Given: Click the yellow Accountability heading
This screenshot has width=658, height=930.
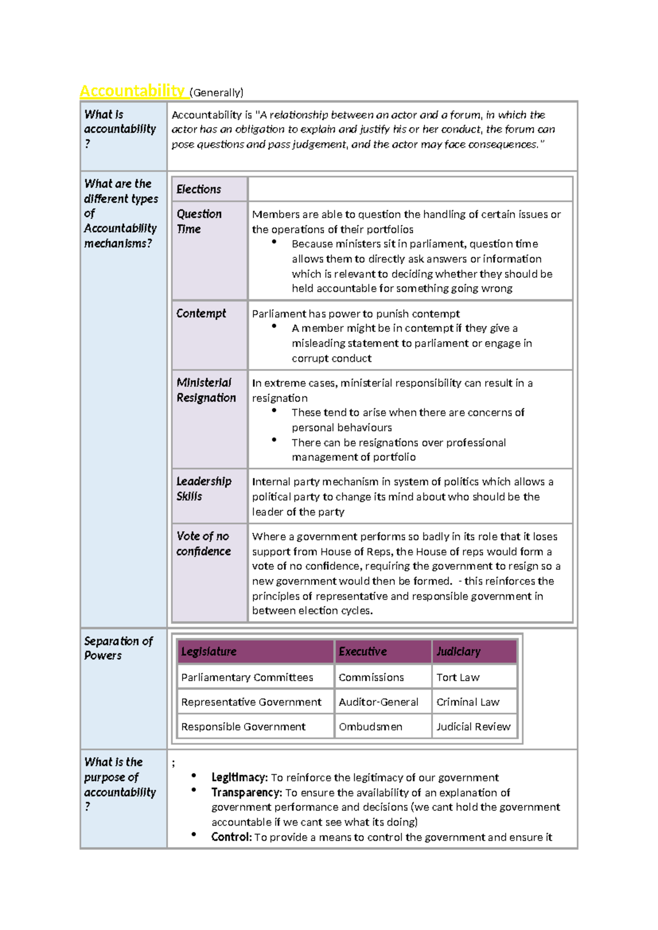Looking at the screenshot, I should [132, 90].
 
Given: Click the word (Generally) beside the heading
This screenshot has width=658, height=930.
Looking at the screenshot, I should [217, 93].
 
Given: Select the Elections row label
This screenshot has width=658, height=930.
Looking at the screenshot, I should [198, 189].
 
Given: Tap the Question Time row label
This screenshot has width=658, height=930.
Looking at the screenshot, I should [199, 222].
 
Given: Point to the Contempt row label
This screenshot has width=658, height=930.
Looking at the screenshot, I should [201, 313].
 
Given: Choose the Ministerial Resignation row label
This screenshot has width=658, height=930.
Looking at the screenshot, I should [206, 390].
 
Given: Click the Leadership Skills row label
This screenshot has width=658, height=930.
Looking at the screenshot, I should [203, 489].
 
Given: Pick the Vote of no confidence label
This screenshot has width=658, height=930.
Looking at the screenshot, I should [203, 543].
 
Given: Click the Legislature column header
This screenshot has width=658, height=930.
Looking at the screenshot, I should [209, 651].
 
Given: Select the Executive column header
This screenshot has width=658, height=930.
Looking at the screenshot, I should [362, 651].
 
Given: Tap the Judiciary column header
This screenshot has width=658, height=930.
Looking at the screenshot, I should [458, 651].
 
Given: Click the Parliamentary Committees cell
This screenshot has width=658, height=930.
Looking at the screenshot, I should [247, 677].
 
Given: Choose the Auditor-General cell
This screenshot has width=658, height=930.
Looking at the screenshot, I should [378, 702].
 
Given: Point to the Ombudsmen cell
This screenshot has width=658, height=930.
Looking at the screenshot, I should [370, 727].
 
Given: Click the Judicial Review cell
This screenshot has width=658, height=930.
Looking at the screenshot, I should [473, 727].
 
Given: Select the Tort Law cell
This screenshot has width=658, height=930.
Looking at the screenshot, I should [458, 677].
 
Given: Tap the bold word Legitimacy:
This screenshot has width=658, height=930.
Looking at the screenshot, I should [239, 778].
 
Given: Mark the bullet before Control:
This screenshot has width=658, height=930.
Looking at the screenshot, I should [194, 834].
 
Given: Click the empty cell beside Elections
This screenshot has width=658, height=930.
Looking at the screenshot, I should [410, 189].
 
